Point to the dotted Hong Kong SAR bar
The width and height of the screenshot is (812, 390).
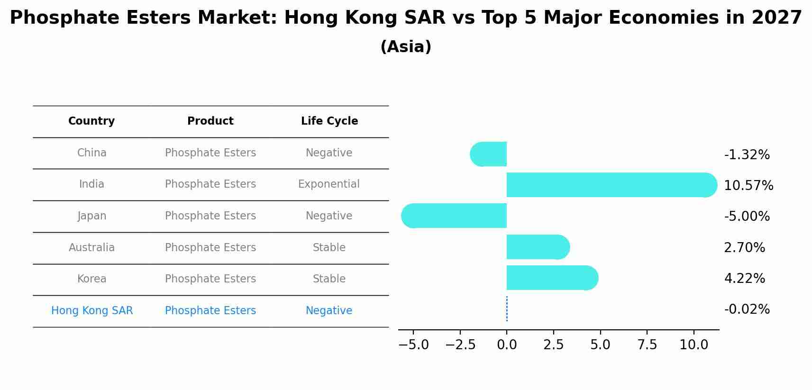[507, 309]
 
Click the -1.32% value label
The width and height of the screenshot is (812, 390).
[747, 155]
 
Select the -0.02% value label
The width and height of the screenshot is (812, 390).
[747, 309]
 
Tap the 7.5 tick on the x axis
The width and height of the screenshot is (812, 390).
[647, 345]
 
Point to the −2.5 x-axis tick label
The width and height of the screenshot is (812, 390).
[460, 345]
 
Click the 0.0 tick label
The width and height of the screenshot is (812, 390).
[507, 345]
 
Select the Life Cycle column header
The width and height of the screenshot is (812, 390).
[329, 121]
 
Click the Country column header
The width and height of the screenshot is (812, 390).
[91, 121]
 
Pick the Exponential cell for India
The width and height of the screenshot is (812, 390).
[329, 184]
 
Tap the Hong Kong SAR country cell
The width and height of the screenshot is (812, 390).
[92, 311]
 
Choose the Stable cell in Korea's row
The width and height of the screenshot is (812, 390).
[329, 279]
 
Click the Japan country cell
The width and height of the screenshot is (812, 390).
[92, 216]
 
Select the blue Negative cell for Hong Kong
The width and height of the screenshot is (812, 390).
[329, 311]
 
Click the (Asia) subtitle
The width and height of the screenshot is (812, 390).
[406, 47]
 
